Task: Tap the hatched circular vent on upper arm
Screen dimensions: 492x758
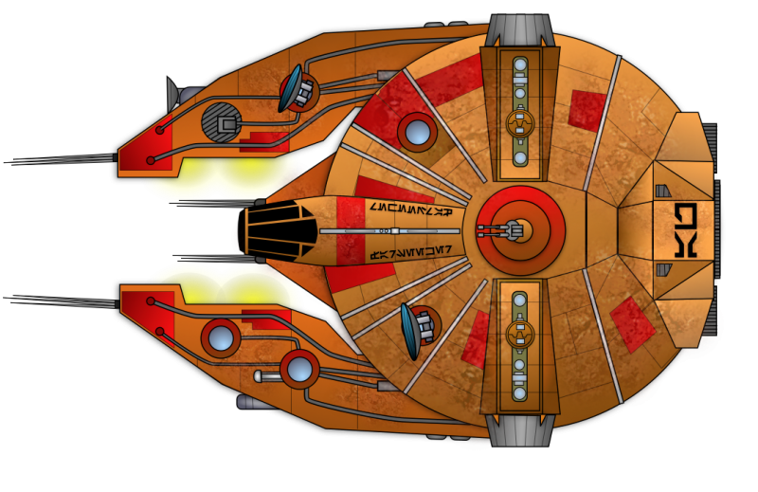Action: tap(222, 122)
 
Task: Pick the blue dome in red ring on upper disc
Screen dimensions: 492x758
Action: tap(416, 131)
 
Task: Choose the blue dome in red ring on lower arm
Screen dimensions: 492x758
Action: tap(299, 368)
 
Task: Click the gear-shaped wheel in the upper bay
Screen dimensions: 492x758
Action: tap(518, 122)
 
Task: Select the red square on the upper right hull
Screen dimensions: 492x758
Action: tap(587, 110)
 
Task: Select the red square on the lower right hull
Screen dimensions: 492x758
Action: tap(632, 322)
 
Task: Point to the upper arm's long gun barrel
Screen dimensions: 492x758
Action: tap(66, 160)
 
